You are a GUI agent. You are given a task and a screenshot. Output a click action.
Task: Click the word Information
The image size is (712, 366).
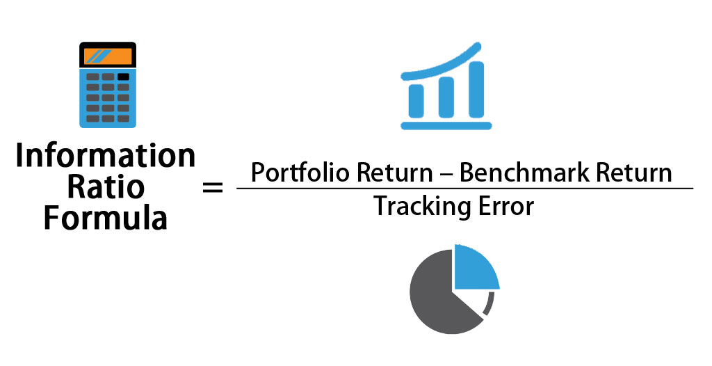tap(106, 156)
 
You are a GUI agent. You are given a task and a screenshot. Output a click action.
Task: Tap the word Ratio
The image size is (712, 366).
tap(106, 187)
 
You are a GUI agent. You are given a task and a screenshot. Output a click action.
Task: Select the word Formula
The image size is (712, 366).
tap(106, 218)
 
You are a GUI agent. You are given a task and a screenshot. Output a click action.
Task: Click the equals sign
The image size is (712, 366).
tap(212, 187)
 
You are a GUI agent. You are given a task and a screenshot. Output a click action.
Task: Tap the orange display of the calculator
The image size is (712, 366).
tap(107, 55)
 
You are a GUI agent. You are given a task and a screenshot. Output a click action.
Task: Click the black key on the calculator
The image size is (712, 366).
tap(123, 77)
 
